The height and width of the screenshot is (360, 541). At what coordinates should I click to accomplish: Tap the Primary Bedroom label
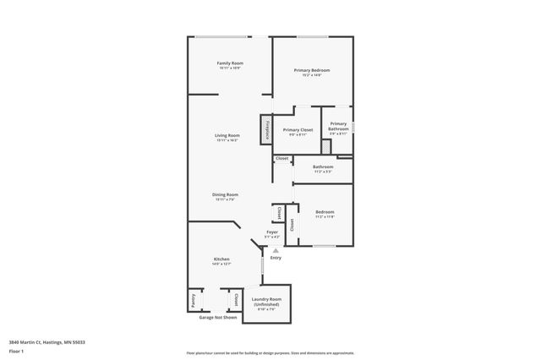[311, 70]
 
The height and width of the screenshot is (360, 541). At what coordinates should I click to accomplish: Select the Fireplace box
[267, 130]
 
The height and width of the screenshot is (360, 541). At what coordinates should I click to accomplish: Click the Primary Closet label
[298, 130]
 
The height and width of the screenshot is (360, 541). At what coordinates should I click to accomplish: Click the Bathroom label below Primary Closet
[322, 166]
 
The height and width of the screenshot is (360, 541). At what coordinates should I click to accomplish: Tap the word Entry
[276, 258]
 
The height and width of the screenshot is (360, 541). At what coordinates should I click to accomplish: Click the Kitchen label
[221, 259]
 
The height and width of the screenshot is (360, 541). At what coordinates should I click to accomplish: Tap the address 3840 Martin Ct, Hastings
[46, 341]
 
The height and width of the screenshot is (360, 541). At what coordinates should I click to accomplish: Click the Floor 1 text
[16, 351]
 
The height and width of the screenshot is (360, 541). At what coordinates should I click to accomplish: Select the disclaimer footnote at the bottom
[270, 352]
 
